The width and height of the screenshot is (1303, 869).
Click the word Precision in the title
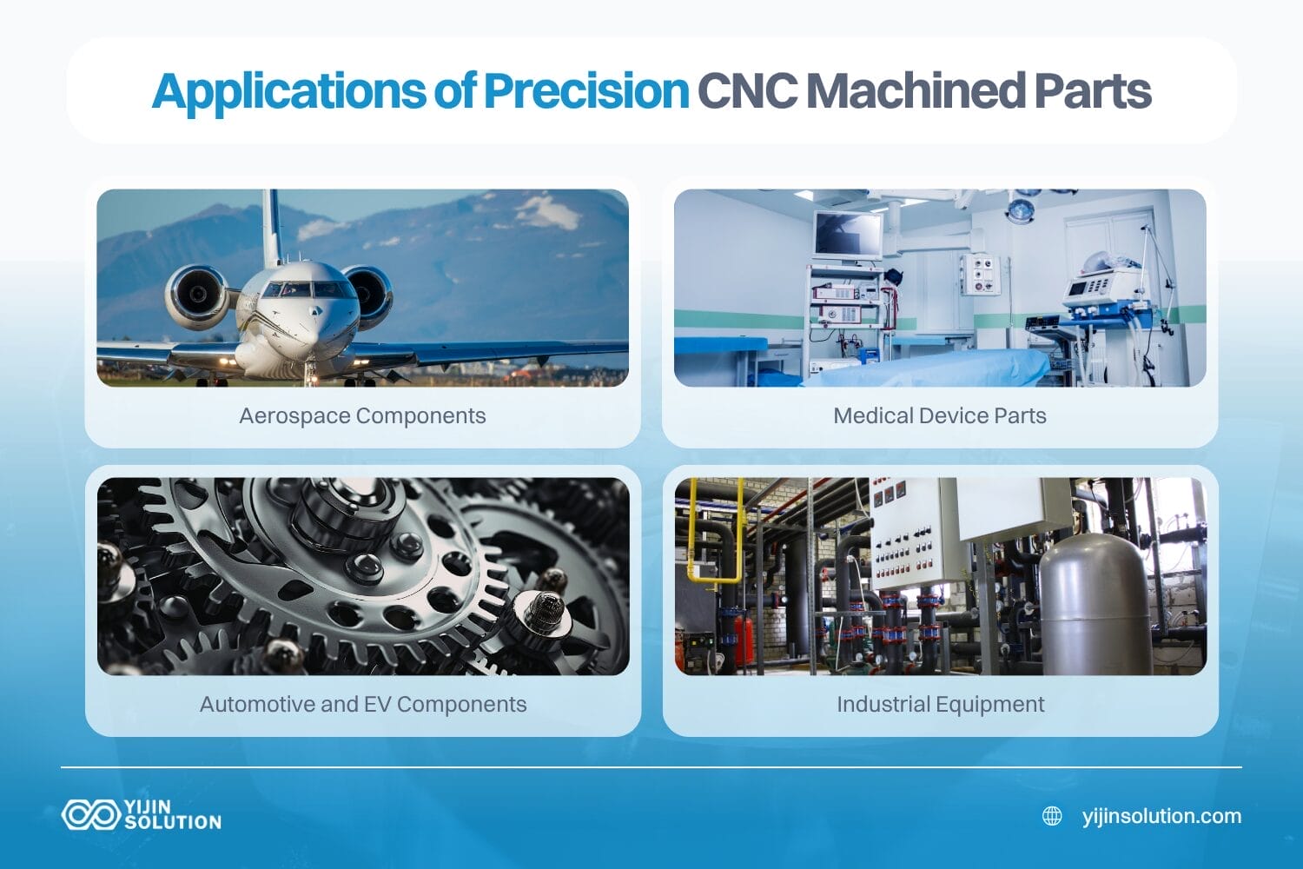585,91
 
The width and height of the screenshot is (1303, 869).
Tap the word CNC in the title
746,91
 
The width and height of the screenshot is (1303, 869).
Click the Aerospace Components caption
362,416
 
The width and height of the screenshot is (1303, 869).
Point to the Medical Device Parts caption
939,416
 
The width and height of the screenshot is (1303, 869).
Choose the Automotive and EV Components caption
363,704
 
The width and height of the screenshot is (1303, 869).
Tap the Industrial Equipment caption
940,704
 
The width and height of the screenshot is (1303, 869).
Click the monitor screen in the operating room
847,234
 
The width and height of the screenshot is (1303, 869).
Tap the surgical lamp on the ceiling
1021,208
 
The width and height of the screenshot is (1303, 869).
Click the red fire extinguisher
744,640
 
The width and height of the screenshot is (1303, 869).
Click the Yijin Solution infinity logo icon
90,814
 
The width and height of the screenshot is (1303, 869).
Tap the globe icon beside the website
1052,816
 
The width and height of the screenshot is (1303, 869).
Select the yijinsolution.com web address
1161,816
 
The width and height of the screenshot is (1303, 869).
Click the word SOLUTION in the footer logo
173,822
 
